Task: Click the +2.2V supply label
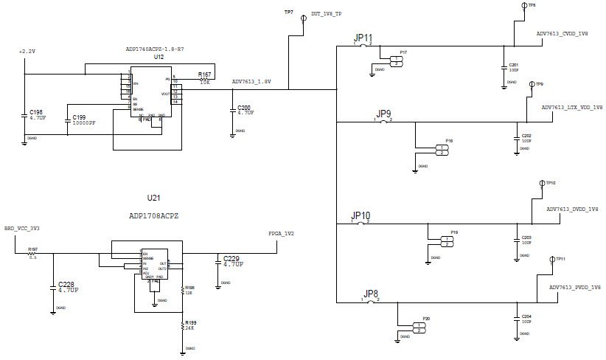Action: coord(26,52)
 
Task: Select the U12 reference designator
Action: coord(159,57)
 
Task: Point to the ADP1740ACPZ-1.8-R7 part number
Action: coord(155,49)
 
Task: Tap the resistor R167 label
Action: coord(204,75)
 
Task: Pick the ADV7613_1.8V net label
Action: coord(251,82)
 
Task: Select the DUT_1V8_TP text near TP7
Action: coord(327,14)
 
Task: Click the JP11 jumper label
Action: coord(363,38)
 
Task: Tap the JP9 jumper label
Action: coord(384,114)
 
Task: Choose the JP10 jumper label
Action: coord(361,215)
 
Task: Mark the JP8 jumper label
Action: coord(371,294)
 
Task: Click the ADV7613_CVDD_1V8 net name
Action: coord(562,34)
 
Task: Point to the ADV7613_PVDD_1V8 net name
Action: coord(575,287)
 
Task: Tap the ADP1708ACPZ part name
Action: coord(153,215)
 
